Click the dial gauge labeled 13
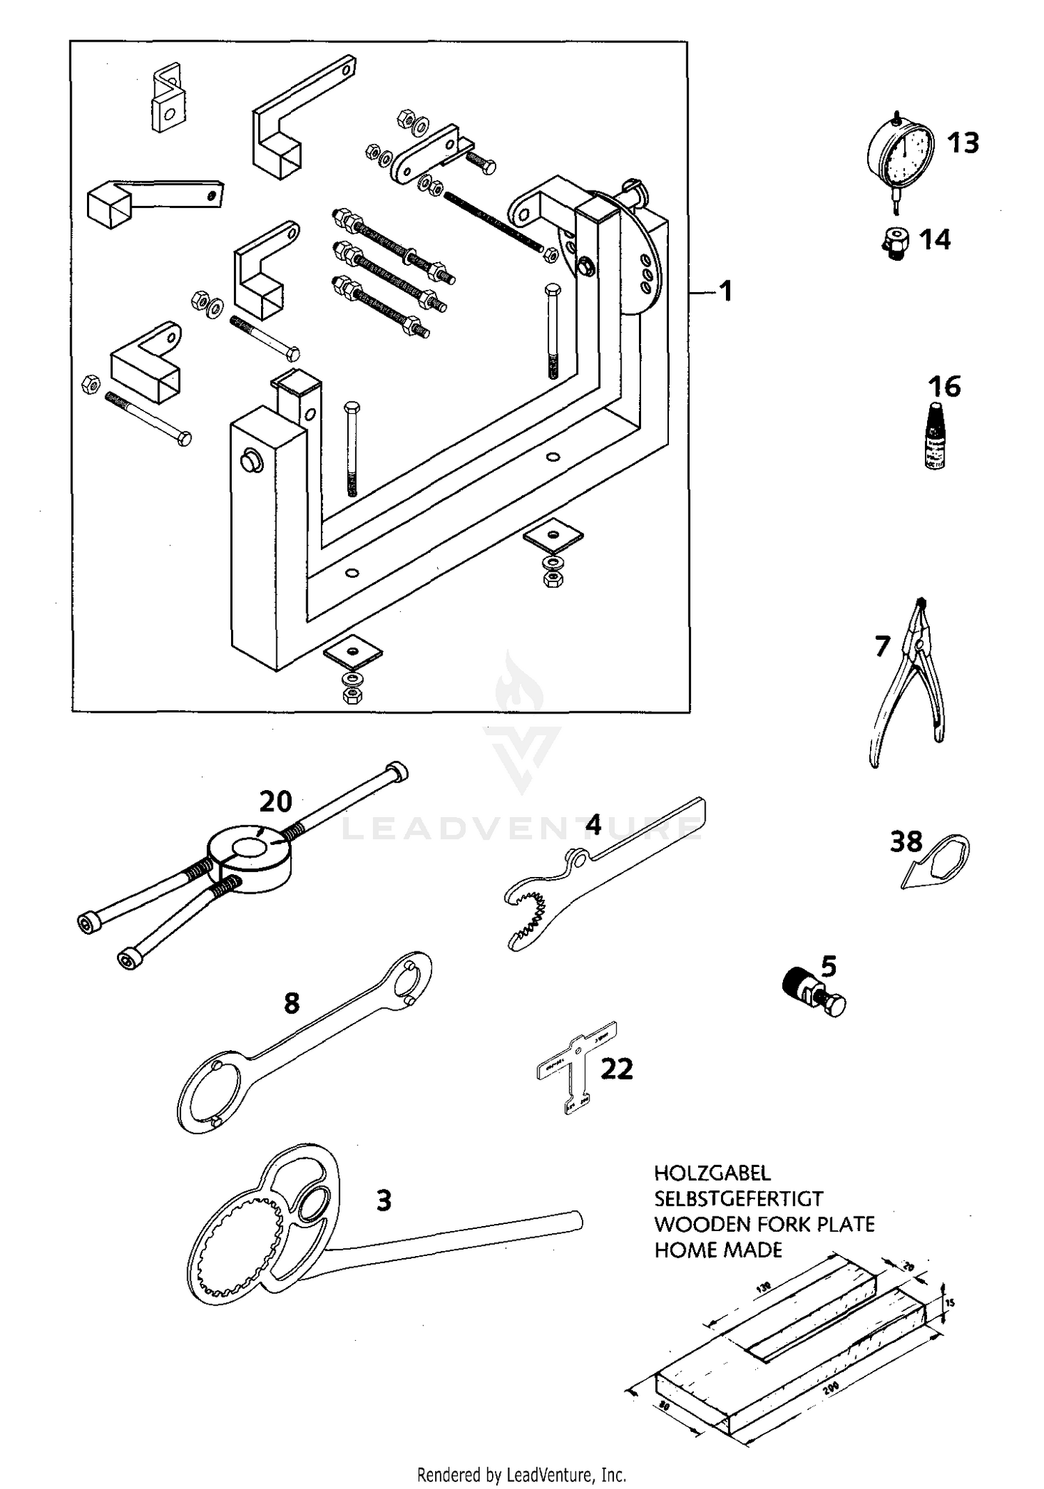click(903, 153)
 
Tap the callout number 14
click(935, 240)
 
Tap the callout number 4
click(592, 825)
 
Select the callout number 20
click(276, 801)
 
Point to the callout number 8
click(292, 1002)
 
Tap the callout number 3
click(383, 1200)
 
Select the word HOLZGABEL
click(712, 1173)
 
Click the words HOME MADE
click(718, 1250)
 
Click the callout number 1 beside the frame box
click(725, 291)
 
